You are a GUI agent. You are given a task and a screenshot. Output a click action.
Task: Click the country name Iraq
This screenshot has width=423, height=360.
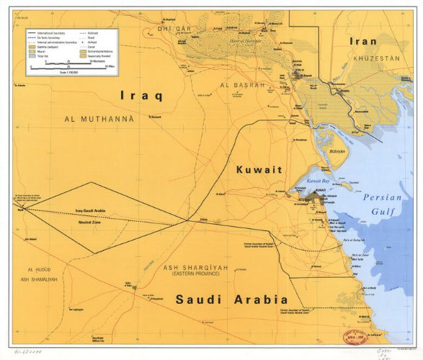(141, 94)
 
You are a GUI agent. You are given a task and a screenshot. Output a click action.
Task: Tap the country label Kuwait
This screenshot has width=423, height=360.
(259, 170)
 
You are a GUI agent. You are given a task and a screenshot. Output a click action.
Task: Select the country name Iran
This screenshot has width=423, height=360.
(362, 41)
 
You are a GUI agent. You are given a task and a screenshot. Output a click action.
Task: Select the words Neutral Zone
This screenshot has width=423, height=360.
(89, 223)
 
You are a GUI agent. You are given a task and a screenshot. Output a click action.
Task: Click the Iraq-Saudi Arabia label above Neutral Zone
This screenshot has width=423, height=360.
(90, 211)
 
